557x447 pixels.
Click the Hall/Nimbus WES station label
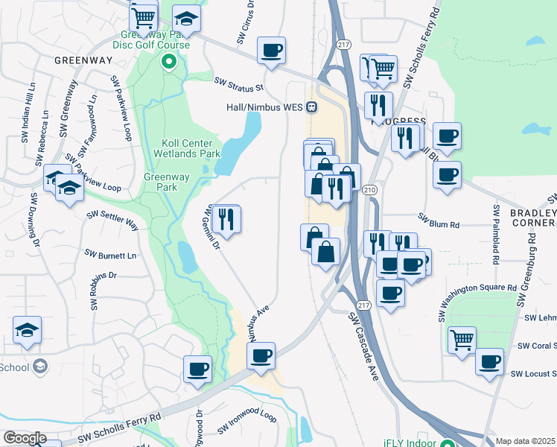(264, 107)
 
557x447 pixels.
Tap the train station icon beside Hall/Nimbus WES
(312, 107)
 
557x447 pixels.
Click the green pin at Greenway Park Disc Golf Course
(168, 62)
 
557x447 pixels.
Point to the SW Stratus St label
(239, 84)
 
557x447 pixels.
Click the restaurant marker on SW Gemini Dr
(226, 219)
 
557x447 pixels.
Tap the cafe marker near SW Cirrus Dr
(272, 50)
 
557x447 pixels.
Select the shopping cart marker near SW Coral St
(462, 340)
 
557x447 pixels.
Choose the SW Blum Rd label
(439, 222)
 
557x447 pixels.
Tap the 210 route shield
(370, 191)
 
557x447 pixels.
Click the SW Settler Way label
(112, 220)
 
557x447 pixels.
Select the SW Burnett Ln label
(111, 255)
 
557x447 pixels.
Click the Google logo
(24, 438)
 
